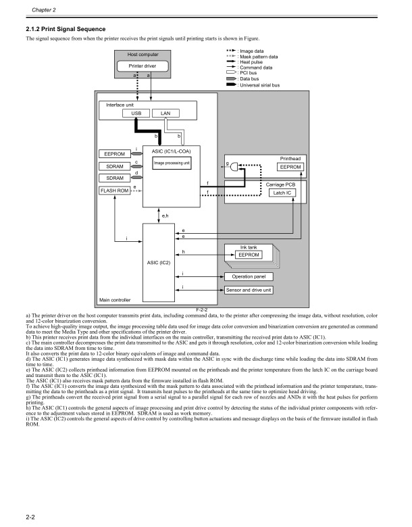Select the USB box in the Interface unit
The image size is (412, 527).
[x=136, y=113]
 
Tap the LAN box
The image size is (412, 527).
[x=165, y=113]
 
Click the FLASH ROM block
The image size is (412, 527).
[x=114, y=191]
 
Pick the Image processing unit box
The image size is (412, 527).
[x=172, y=163]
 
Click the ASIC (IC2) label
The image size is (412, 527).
[x=161, y=261]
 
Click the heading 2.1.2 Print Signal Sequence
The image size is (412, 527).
[x=66, y=28]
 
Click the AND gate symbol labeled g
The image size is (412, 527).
[x=236, y=166]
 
